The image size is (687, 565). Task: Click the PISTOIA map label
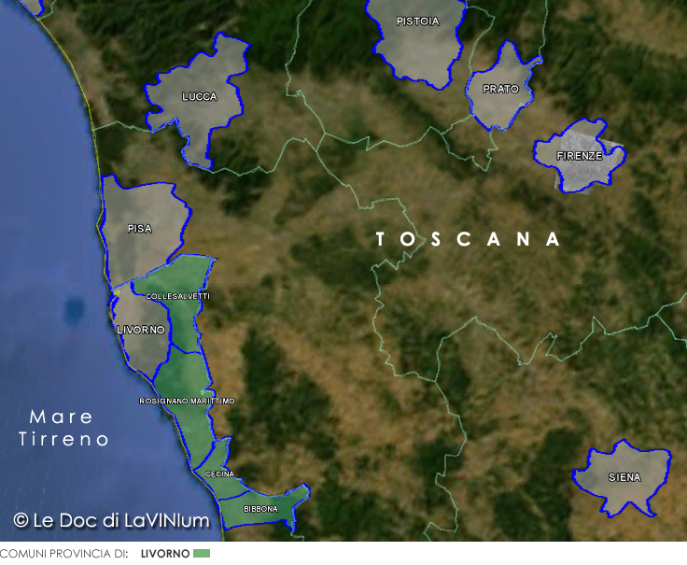(417, 21)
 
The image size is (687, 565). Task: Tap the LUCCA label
(200, 97)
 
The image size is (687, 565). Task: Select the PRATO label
(500, 90)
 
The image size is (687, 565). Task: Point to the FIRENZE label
(579, 156)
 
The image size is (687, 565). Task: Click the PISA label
(140, 228)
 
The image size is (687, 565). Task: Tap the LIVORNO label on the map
(141, 331)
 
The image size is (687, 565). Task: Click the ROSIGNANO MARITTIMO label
(187, 401)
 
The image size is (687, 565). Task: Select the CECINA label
(219, 474)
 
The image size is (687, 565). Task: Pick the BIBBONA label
(260, 509)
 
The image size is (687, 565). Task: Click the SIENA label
(624, 477)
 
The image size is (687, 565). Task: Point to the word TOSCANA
(469, 239)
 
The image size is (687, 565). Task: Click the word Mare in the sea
(61, 417)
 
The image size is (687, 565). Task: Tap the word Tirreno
(63, 439)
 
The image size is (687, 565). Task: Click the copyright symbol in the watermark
(21, 519)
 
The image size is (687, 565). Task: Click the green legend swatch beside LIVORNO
(202, 554)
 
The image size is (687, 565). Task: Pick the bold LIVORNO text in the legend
(165, 554)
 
